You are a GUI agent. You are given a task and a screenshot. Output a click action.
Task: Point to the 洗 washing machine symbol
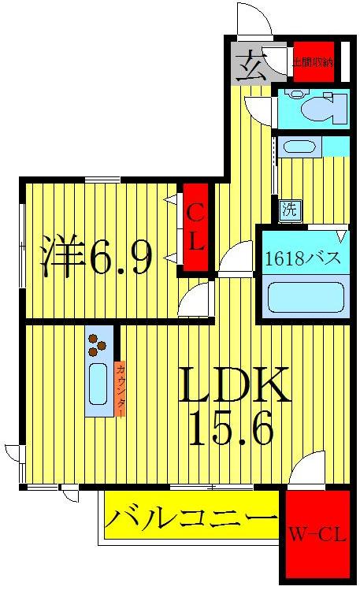(x=289, y=210)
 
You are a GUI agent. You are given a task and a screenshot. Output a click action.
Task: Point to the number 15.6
(x=233, y=431)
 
